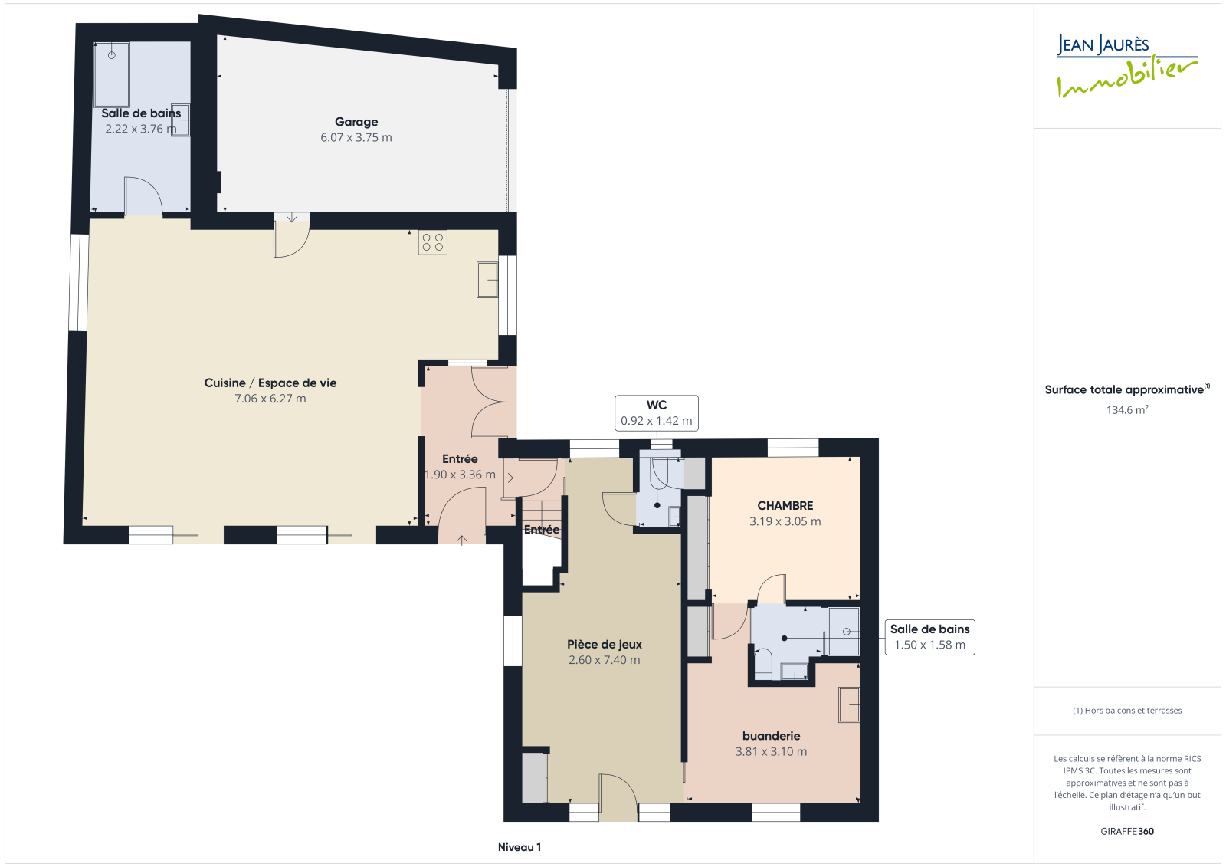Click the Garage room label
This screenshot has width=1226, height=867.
[356, 122]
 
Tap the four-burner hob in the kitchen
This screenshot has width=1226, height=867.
[432, 242]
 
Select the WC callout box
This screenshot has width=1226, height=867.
[656, 413]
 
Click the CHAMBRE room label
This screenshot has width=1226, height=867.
[785, 505]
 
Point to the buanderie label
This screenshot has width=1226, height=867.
[771, 736]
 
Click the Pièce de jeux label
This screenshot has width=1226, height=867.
[605, 644]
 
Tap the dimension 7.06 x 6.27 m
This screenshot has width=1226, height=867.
[270, 398]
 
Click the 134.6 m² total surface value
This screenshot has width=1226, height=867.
[1127, 409]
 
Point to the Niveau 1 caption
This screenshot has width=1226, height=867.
[520, 847]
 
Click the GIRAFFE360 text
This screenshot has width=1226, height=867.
[1127, 831]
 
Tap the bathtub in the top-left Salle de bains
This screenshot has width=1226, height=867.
[112, 74]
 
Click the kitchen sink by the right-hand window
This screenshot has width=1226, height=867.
[487, 280]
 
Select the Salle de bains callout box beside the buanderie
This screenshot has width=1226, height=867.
[929, 637]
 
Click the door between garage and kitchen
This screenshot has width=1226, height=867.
[292, 235]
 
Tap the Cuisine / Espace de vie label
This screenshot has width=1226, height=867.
[270, 383]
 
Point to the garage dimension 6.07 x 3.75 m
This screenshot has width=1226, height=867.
[356, 137]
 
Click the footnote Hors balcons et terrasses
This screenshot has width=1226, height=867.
[1127, 711]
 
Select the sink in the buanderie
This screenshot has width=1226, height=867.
[849, 704]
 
